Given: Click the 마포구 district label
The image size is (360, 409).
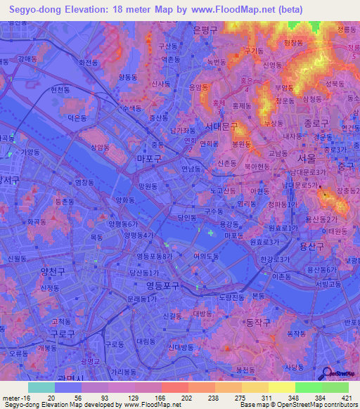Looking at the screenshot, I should point(150,160).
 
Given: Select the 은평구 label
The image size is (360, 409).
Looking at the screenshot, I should point(205,30).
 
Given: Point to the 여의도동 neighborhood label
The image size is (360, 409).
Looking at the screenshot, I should point(207,256).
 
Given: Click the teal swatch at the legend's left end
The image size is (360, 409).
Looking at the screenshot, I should point(41,387).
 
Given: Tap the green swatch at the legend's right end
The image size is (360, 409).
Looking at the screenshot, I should point(335,387).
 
